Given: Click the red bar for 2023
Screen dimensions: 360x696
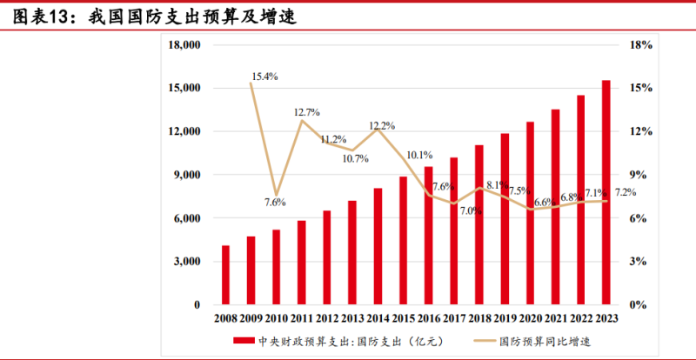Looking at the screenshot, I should pyautogui.click(x=606, y=193).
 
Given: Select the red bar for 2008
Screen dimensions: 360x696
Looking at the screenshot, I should pyautogui.click(x=226, y=275).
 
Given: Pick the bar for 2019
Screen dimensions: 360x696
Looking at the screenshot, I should pyautogui.click(x=505, y=219).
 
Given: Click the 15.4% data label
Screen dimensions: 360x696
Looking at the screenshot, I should pyautogui.click(x=264, y=77).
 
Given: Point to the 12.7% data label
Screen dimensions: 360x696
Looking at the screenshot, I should pyautogui.click(x=307, y=112).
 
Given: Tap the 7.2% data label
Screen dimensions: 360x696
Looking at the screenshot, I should pyautogui.click(x=626, y=192).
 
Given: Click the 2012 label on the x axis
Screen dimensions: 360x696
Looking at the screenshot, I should pyautogui.click(x=327, y=318).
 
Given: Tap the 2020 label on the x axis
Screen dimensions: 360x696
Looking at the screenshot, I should pyautogui.click(x=530, y=318).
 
